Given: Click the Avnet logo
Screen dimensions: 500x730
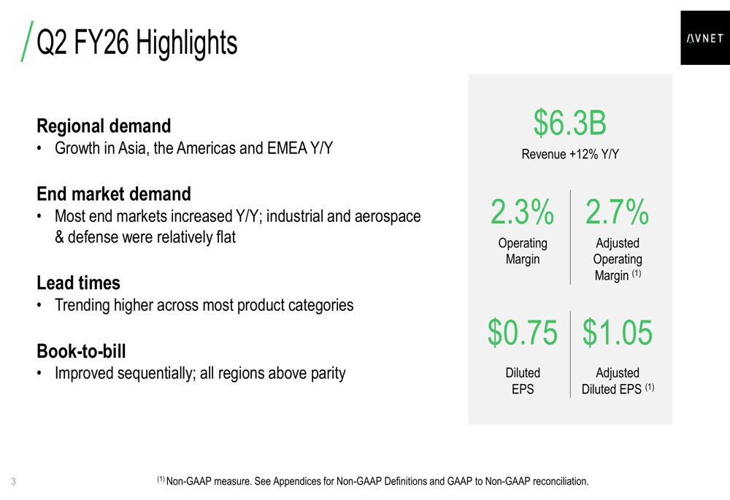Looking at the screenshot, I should pos(704,39).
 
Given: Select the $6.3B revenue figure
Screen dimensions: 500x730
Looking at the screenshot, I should pos(569,123).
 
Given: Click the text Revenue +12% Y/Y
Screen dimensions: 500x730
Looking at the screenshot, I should pos(570,155).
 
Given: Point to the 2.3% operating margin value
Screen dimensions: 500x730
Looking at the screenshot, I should pos(522,212).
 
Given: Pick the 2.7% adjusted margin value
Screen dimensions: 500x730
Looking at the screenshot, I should pos(617,212).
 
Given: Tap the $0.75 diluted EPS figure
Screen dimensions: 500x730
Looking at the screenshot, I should pos(523,333).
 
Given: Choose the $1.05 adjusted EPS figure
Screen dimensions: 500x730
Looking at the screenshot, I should pos(618,333).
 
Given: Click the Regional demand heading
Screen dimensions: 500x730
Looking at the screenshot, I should pos(104,126).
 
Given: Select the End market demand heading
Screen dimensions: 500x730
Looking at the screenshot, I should pos(113,194).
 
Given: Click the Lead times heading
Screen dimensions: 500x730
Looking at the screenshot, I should pos(78,282).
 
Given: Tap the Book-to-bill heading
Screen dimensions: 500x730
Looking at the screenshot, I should pos(81,351).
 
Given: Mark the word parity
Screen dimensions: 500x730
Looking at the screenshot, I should pos(326,373).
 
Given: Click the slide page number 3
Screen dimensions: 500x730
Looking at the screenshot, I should pos(14,482).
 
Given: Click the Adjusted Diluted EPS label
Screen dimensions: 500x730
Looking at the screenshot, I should pos(617,380).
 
